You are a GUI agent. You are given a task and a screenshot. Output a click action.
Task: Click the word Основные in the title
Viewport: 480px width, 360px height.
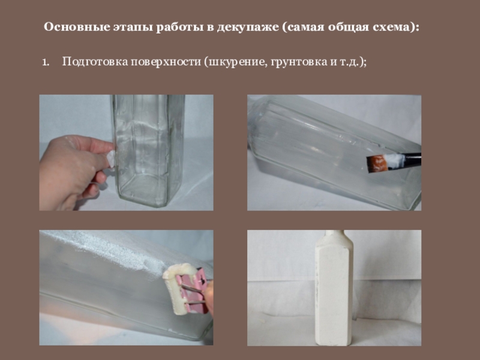[77, 27]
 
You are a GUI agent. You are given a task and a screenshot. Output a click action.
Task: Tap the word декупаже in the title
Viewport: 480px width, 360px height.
[248, 28]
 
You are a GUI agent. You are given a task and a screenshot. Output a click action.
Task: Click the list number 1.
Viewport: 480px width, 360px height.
[46, 62]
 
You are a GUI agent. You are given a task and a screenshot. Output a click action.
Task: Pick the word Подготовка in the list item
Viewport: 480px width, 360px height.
[95, 62]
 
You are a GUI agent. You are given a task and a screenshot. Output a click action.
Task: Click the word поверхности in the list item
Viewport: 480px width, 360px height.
[166, 62]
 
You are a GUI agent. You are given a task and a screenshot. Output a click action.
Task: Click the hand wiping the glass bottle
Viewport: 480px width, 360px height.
[73, 172]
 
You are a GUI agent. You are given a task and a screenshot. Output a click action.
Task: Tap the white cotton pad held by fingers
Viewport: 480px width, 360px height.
[111, 160]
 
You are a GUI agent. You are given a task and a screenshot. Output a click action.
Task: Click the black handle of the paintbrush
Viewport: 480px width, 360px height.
[412, 159]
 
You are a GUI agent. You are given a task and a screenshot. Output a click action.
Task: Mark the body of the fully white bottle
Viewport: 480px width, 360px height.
[334, 294]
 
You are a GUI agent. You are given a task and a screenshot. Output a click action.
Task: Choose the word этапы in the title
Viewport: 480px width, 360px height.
[133, 28]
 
